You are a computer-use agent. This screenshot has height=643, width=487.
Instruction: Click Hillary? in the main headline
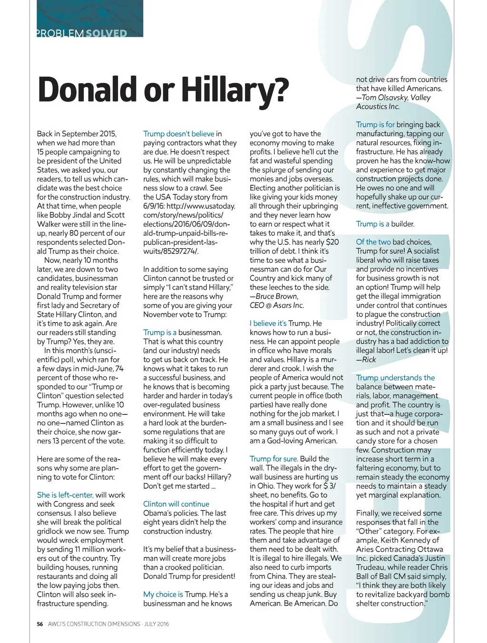click(x=235, y=89)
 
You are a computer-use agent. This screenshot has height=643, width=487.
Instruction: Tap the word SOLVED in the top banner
click(x=107, y=33)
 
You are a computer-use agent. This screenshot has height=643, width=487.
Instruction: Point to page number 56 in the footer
click(x=40, y=624)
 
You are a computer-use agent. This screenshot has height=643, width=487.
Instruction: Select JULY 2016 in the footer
click(x=156, y=624)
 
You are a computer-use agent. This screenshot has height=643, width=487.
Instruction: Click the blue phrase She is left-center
click(x=65, y=495)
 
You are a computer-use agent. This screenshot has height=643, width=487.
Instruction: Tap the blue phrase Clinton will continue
click(x=176, y=504)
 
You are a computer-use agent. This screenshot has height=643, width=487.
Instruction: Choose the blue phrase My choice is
click(x=163, y=594)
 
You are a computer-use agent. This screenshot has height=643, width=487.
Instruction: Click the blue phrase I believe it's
click(x=268, y=323)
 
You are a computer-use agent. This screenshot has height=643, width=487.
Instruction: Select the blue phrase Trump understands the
click(x=395, y=378)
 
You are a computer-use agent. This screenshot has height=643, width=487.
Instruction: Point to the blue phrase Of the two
click(x=373, y=242)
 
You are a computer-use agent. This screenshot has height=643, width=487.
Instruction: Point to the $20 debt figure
click(x=332, y=242)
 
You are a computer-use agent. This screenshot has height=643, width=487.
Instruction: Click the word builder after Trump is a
click(x=403, y=224)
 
